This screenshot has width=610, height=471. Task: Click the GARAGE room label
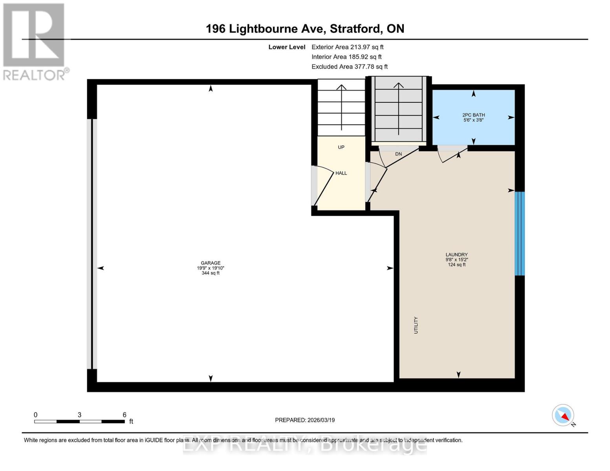211,263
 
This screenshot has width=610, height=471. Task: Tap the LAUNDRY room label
456,254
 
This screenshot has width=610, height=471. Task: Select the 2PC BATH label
473,115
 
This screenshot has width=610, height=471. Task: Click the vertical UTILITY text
416,325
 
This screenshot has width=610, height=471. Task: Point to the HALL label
341,173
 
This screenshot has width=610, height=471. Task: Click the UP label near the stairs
341,147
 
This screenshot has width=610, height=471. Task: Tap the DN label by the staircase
398,154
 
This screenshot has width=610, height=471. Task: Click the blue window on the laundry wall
519,234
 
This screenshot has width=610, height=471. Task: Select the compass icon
563,415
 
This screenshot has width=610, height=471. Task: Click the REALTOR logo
34,41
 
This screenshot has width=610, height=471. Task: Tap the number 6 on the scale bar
125,415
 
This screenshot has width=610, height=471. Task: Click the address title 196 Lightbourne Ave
305,29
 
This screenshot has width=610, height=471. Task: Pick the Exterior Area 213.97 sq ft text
347,47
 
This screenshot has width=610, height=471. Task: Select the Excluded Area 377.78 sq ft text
350,67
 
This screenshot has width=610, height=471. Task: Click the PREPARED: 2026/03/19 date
305,420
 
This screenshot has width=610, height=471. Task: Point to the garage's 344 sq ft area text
211,273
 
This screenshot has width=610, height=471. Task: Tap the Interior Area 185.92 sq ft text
346,57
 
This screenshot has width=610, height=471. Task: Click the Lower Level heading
287,47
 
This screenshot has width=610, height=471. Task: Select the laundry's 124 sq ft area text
456,265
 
